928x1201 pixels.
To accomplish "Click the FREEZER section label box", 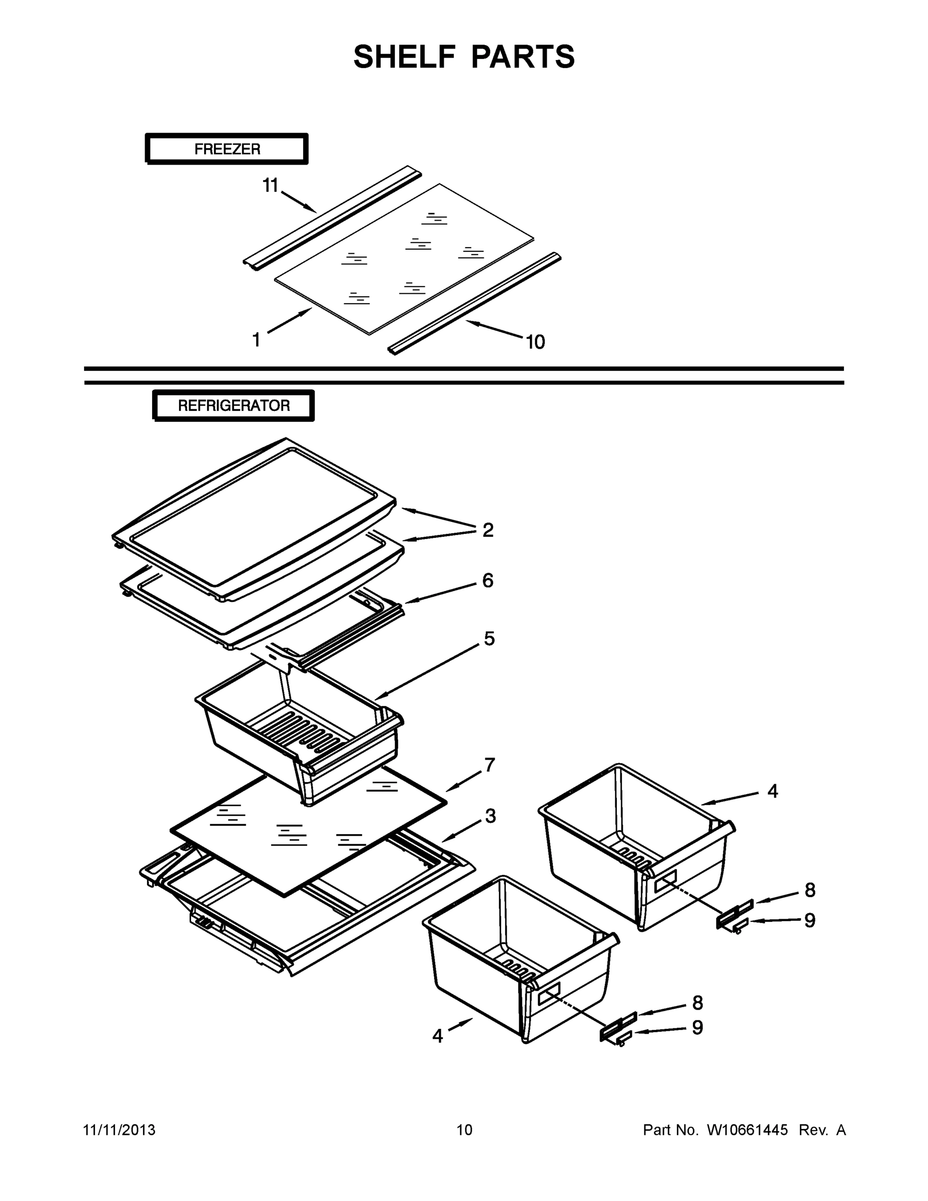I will click(227, 149).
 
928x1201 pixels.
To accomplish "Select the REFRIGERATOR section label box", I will click(234, 406).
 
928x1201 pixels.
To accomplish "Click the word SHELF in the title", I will click(405, 57).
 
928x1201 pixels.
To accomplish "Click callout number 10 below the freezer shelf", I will click(535, 342).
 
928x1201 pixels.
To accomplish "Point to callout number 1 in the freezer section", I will click(256, 340).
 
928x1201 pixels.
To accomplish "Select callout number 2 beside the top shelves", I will click(488, 530).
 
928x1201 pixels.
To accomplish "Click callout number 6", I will click(488, 580).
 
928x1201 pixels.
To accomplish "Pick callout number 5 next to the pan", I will click(489, 639).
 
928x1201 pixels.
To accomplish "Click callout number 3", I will click(490, 816).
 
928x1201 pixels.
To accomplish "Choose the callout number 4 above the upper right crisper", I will click(772, 791).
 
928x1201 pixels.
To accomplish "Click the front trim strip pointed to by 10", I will click(474, 303).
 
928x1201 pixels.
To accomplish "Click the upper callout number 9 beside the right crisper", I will click(809, 921).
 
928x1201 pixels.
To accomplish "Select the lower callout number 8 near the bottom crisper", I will click(697, 1003).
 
